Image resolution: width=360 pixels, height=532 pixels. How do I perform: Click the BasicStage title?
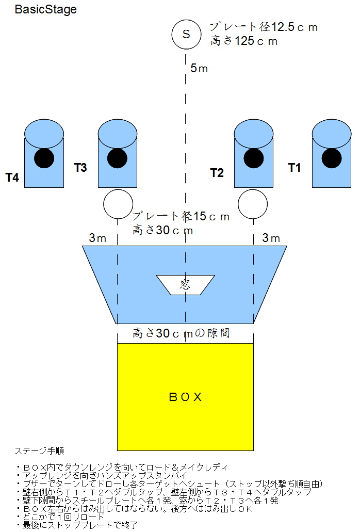[x=45, y=10]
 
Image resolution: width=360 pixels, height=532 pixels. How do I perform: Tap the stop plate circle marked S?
[x=186, y=34]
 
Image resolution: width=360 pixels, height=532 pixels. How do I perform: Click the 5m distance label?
[x=199, y=68]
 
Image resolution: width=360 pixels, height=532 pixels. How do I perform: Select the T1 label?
[x=294, y=168]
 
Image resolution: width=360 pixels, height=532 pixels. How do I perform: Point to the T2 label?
[x=217, y=172]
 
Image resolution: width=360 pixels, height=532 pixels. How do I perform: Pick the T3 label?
[x=80, y=167]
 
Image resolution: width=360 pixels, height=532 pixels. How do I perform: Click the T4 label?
[x=12, y=178]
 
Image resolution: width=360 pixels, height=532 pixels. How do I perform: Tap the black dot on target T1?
[x=331, y=158]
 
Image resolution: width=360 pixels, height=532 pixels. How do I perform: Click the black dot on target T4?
[x=44, y=158]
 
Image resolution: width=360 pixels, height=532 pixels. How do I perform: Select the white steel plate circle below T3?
[x=118, y=204]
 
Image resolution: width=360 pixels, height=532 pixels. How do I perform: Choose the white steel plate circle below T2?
[x=253, y=204]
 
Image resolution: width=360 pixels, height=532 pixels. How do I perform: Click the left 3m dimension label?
[x=98, y=238]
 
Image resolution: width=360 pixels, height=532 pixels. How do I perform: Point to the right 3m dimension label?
[x=271, y=238]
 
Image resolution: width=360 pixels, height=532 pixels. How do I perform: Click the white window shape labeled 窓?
[x=186, y=284]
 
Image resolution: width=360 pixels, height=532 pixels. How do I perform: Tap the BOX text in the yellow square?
[x=185, y=397]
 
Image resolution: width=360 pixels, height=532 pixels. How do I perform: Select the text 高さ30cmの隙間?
[x=181, y=333]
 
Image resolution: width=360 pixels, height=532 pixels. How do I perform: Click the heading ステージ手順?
[x=40, y=451]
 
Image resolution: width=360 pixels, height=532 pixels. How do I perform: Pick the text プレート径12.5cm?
[x=263, y=27]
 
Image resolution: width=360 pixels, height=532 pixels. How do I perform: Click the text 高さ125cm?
[x=244, y=41]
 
